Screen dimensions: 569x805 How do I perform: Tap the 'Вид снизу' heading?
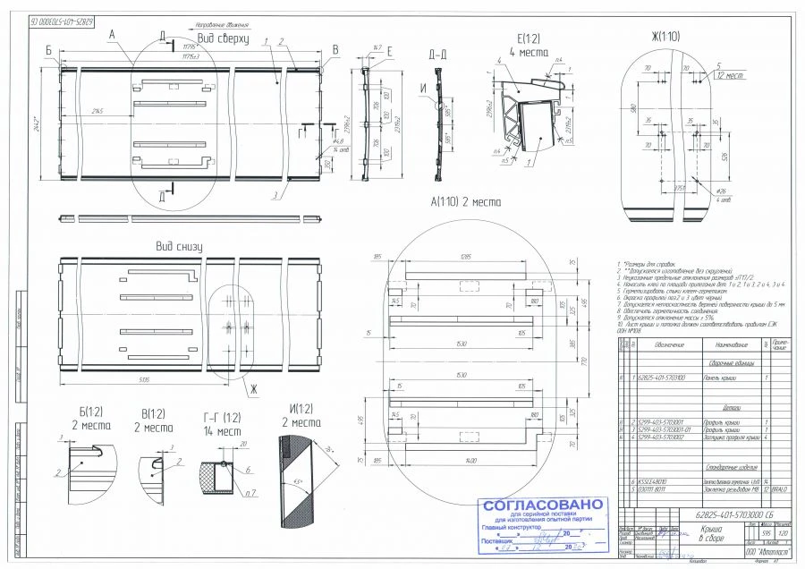pyautogui.click(x=179, y=246)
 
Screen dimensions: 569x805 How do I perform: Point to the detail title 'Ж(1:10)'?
pyautogui.click(x=666, y=37)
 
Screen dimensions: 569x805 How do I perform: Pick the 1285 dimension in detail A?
pyautogui.click(x=465, y=257)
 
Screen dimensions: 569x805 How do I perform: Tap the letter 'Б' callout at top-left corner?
pyautogui.click(x=48, y=50)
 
